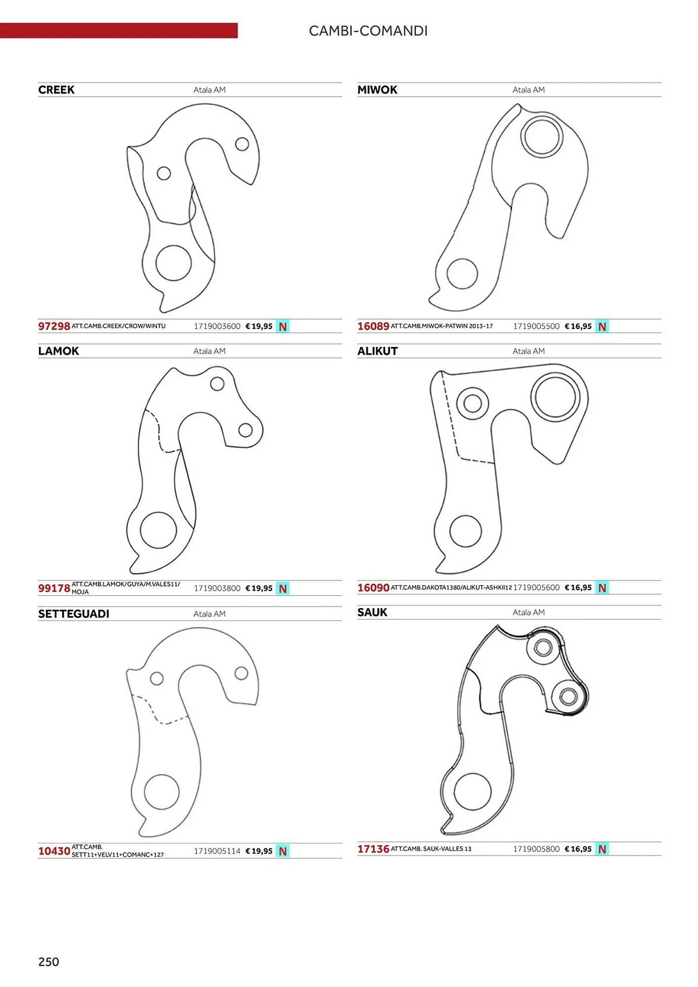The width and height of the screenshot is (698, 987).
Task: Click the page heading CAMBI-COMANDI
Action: click(x=368, y=31)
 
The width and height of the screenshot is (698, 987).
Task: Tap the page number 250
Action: click(x=48, y=961)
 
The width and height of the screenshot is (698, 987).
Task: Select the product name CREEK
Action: click(x=56, y=90)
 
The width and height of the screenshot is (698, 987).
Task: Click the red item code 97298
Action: click(x=54, y=326)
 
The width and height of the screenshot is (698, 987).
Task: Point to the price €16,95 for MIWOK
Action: click(x=578, y=326)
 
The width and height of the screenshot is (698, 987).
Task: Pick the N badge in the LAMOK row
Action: click(x=283, y=588)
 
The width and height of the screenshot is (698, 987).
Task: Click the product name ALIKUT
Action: click(x=377, y=351)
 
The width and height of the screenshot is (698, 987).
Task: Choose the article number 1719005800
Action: click(x=536, y=849)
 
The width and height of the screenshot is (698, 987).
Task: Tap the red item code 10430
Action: click(x=54, y=851)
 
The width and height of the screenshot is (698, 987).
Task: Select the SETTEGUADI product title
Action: click(x=74, y=614)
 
